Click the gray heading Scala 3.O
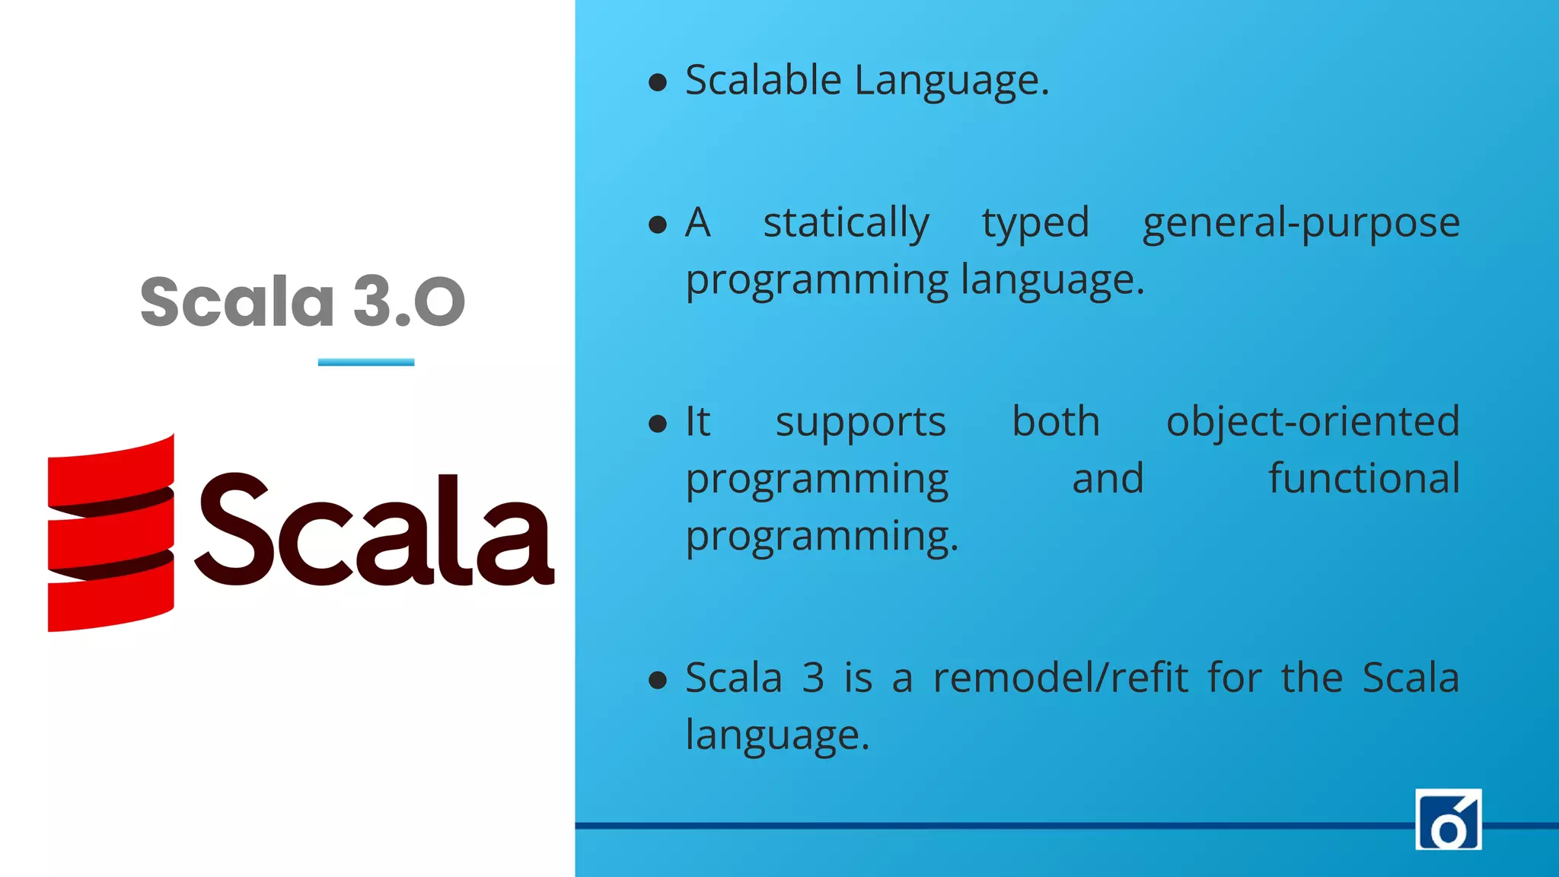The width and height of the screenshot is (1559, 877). (302, 302)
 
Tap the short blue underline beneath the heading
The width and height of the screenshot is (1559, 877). (366, 362)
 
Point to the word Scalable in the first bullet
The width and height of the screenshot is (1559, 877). (763, 80)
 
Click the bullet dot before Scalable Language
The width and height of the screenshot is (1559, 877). (658, 81)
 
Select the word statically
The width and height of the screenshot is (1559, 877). (846, 223)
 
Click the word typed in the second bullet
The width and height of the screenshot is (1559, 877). (1035, 223)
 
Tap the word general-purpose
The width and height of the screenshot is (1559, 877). (1300, 223)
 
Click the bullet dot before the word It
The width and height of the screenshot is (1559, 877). (658, 423)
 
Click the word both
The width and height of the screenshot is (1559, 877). (1056, 421)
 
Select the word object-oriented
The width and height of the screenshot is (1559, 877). (1312, 421)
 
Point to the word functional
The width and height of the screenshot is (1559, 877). (1363, 478)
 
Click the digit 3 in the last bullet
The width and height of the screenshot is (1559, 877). (813, 678)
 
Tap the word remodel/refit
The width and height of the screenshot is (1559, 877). (1060, 678)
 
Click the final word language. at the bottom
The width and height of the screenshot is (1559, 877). (776, 735)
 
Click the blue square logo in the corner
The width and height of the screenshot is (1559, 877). (1448, 819)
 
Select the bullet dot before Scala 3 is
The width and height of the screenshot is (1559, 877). (658, 680)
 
